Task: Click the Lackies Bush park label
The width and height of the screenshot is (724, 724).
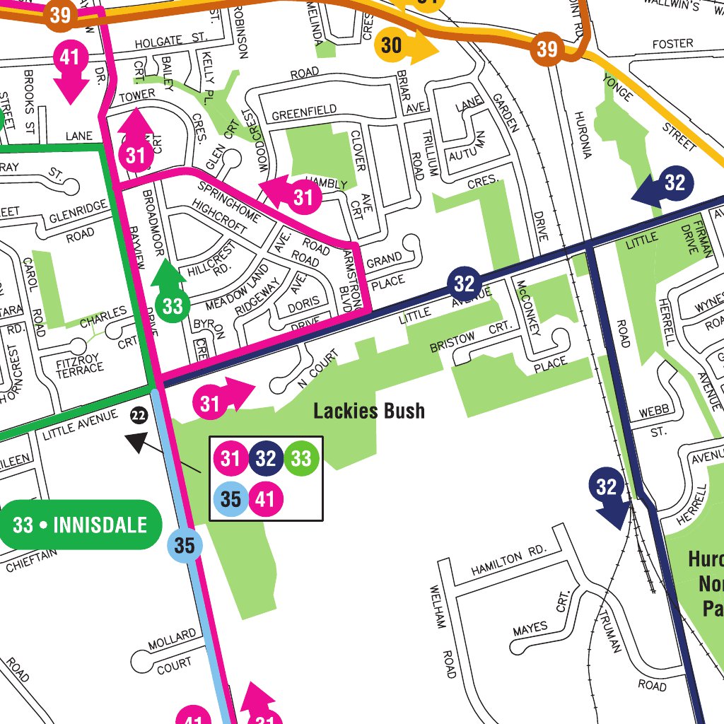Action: (369, 411)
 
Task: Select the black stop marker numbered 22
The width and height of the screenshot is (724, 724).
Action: (139, 416)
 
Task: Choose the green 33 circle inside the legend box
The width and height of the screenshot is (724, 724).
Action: (301, 459)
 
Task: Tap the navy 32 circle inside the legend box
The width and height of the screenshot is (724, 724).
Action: (266, 459)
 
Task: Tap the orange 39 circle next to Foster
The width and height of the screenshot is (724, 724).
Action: (547, 49)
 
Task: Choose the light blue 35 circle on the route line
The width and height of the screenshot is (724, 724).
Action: (185, 546)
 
